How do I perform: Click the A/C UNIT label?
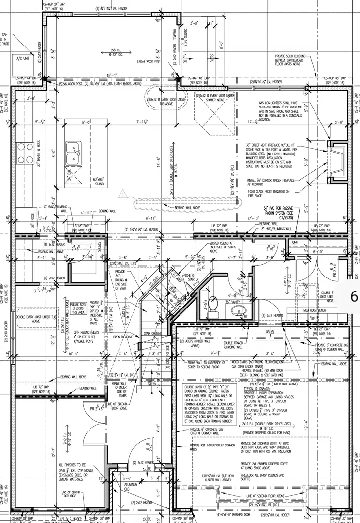tap(23, 58)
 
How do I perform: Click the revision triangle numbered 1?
tap(124, 195)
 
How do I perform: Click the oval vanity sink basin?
tap(239, 309)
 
